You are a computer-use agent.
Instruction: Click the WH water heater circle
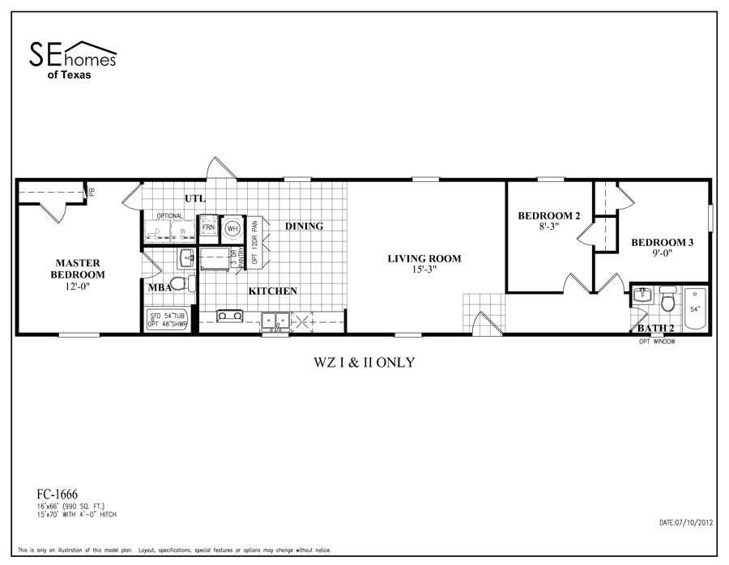coord(232,229)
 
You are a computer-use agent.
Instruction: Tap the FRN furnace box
coord(208,229)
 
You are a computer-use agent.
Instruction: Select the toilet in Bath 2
coord(668,302)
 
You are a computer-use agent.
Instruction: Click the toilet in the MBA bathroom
coord(190,284)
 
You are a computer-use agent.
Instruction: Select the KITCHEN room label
coord(272,291)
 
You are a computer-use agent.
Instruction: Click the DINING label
coord(304,226)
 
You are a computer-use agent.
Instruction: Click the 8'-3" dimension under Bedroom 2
coord(549,228)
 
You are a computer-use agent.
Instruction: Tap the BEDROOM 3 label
coord(662,241)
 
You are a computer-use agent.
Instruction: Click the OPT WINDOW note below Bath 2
coord(657,342)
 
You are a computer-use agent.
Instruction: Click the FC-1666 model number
coord(58,492)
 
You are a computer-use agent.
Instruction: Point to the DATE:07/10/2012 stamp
coord(687,523)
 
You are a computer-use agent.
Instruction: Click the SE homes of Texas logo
coord(73,59)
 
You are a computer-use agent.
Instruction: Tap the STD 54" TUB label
coord(168,315)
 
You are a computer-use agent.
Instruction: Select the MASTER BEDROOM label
coord(78,269)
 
